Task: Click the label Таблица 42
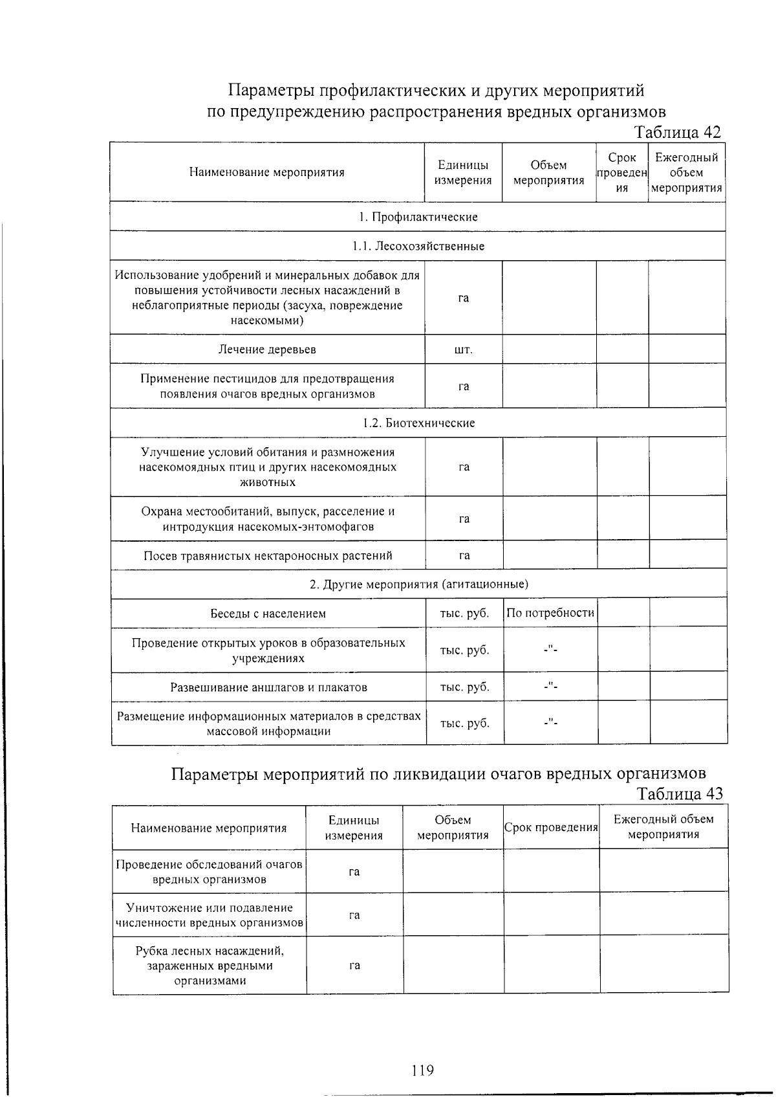(x=677, y=132)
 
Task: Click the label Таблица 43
(x=679, y=793)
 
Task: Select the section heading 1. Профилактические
(x=418, y=217)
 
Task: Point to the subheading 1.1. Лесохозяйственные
(x=418, y=247)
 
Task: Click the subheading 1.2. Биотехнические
(x=418, y=423)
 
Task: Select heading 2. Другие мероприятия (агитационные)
(x=418, y=584)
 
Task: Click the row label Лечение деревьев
(x=267, y=349)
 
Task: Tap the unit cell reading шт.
(x=464, y=350)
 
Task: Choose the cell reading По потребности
(x=550, y=613)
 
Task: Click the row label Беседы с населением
(x=268, y=614)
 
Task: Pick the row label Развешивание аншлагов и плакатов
(x=268, y=687)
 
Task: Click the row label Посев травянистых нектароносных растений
(x=268, y=556)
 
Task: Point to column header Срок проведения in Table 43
(x=551, y=827)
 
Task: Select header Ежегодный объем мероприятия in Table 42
(x=686, y=173)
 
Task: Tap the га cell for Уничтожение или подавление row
(x=354, y=915)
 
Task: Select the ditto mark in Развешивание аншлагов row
(x=550, y=687)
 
